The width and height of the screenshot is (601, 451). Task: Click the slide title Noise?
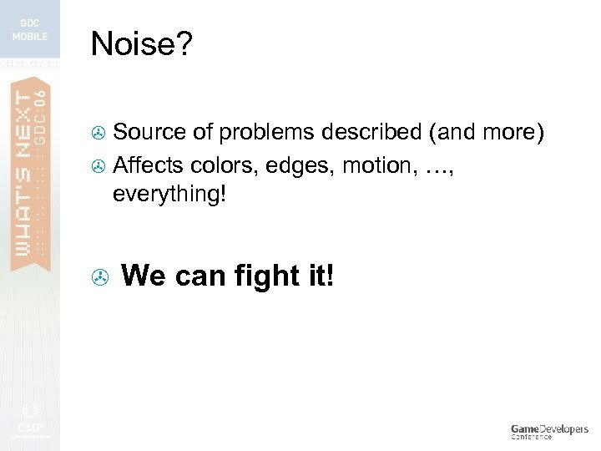141,45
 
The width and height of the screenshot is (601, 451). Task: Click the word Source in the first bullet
141,133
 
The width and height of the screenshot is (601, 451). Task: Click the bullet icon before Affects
98,165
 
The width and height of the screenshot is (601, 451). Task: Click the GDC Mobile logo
30,30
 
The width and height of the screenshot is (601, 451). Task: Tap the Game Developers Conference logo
548,431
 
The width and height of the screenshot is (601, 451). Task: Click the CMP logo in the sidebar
29,418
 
